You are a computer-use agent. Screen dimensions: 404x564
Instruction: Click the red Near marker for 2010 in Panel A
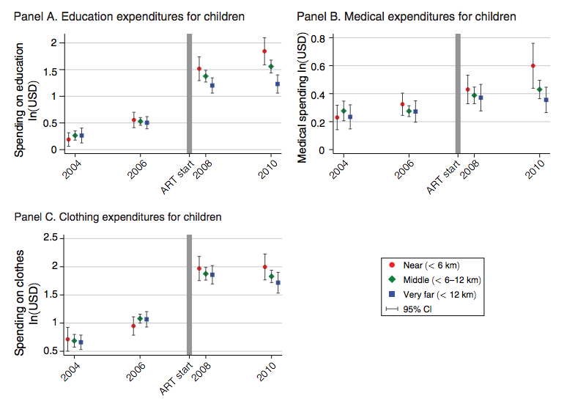[x=264, y=51]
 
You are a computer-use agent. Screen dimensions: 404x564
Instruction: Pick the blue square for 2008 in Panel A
[x=212, y=86]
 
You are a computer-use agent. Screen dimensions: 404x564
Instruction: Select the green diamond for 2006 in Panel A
[x=140, y=122]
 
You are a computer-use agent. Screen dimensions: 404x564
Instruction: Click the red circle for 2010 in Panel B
[x=533, y=66]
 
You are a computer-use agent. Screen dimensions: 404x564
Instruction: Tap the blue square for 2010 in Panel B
[x=546, y=100]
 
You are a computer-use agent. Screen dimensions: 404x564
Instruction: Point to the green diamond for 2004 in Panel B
[x=344, y=111]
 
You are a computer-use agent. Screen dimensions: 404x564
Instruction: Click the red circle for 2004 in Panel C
[x=68, y=339]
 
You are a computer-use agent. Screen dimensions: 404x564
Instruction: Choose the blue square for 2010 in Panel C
[x=278, y=283]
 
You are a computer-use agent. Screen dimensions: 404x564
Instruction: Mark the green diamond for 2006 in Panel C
[x=140, y=319]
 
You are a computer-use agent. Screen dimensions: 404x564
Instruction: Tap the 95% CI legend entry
[x=420, y=309]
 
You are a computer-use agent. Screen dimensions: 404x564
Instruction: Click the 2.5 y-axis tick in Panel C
[x=51, y=238]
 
